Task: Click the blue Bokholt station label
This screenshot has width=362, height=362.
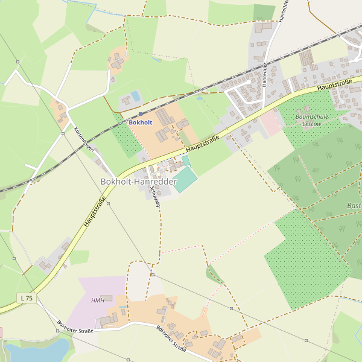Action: (141, 122)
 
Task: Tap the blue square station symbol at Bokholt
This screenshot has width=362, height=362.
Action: (141, 113)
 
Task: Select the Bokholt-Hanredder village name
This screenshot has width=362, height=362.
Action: (138, 181)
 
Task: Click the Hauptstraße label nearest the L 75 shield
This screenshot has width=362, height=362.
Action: (95, 212)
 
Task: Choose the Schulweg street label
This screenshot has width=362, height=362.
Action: (156, 197)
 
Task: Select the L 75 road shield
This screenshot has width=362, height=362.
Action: (26, 298)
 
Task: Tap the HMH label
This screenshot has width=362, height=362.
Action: (98, 300)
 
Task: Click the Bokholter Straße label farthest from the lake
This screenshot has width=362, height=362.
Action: (171, 338)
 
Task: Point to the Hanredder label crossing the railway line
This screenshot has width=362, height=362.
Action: (264, 74)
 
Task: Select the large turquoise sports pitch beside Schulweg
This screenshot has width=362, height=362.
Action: (185, 179)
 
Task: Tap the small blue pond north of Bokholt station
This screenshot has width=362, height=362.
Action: (135, 96)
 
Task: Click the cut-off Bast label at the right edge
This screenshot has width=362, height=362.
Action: (354, 206)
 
